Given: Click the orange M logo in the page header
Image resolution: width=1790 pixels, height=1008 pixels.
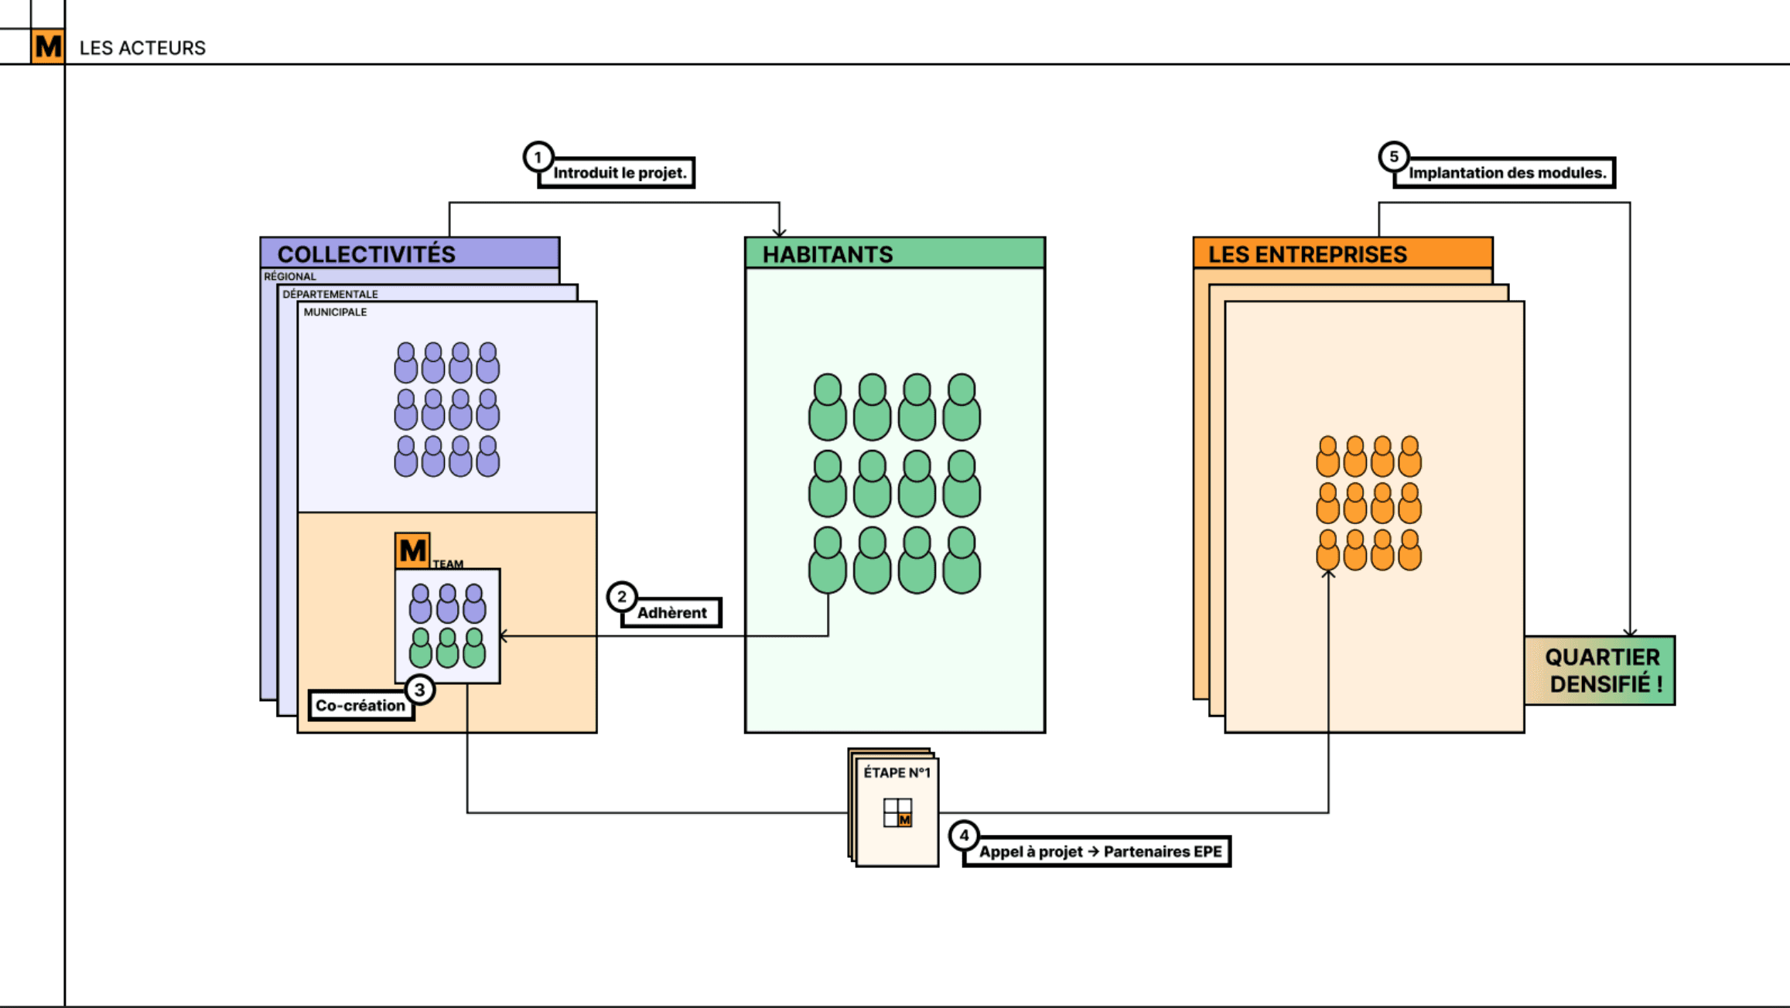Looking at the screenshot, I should pos(48,46).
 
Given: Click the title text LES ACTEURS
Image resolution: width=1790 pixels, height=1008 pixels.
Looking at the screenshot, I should pos(142,48).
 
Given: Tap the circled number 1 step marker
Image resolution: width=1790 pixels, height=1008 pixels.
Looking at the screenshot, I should pos(538,157).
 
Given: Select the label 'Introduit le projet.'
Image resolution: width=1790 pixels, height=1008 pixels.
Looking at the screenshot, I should pos(620,173).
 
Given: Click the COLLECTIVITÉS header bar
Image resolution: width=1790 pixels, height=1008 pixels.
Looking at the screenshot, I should pos(409,254).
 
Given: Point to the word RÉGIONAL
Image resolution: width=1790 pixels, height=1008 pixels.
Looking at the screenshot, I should pos(290,277).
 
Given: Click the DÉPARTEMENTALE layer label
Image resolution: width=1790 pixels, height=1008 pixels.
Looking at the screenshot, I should pos(330,295).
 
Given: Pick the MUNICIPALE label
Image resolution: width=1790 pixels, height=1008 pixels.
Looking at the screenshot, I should pos(335,312).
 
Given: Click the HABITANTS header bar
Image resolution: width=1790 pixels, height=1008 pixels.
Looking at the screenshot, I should pos(894,254).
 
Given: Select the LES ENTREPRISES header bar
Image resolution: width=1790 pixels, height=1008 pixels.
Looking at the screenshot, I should pos(1342,254).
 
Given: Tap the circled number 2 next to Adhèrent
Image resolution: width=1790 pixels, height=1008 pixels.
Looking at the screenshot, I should pos(621,597).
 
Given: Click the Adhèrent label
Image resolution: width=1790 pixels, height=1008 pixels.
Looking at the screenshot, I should pos(671,613).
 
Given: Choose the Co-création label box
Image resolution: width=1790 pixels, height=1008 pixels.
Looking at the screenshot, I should pos(360,706).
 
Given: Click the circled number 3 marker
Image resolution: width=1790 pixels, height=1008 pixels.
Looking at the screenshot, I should pos(419,690).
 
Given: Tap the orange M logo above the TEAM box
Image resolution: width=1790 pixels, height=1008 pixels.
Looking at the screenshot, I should pos(412,550).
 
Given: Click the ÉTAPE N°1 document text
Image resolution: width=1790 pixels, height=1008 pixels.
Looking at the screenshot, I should pos(897,773).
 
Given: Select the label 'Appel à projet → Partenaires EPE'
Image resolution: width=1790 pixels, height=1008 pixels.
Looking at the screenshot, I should pos(1100,852).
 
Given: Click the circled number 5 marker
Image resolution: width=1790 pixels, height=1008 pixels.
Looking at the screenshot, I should pos(1393,157).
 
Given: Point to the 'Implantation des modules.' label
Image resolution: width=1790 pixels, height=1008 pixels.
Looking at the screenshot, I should pos(1507,173).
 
